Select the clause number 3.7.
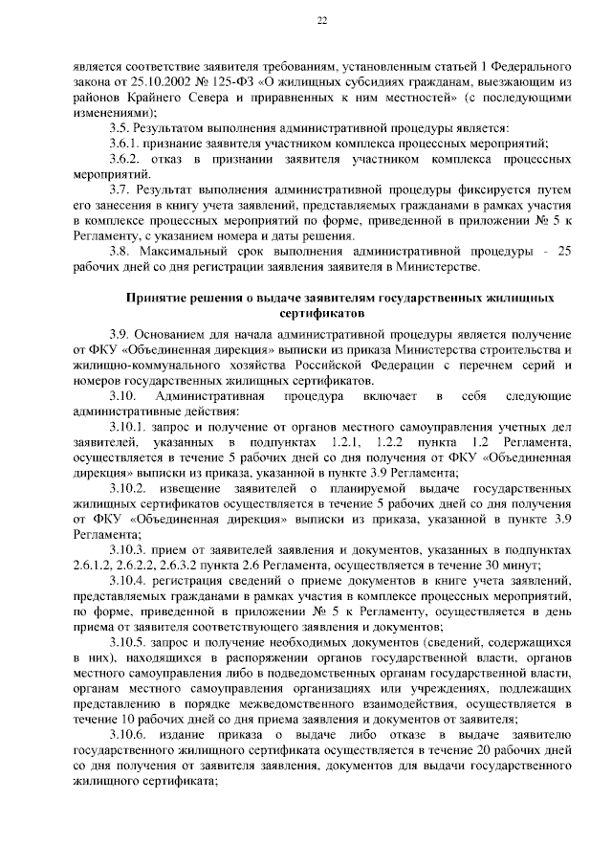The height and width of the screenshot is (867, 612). click(120, 193)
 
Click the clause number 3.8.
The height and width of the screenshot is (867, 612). click(120, 252)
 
